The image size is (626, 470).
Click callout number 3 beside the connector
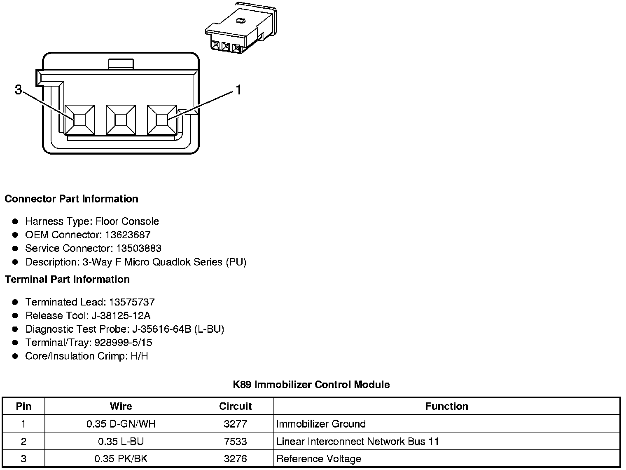pyautogui.click(x=18, y=89)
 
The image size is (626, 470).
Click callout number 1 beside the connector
pyautogui.click(x=238, y=89)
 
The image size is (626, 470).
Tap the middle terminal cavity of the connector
pyautogui.click(x=121, y=120)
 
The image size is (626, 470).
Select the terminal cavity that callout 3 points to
pyautogui.click(x=79, y=120)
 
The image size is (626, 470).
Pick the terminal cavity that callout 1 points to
pyautogui.click(x=162, y=120)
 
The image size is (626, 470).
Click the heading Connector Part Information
pyautogui.click(x=71, y=199)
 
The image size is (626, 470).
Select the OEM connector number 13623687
pyautogui.click(x=128, y=235)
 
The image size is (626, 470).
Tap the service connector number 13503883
pyautogui.click(x=138, y=248)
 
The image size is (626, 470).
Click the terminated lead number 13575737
pyautogui.click(x=132, y=302)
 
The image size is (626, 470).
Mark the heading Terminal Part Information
pyautogui.click(x=67, y=279)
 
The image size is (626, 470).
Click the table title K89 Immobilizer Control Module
pyautogui.click(x=311, y=384)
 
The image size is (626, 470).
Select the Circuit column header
pyautogui.click(x=235, y=406)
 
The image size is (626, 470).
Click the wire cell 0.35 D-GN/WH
pyautogui.click(x=121, y=424)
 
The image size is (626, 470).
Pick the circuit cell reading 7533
pyautogui.click(x=235, y=441)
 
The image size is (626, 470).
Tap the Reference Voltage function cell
pyautogui.click(x=319, y=458)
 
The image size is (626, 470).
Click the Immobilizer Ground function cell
pyautogui.click(x=321, y=424)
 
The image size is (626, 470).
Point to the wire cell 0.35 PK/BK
pyautogui.click(x=121, y=458)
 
